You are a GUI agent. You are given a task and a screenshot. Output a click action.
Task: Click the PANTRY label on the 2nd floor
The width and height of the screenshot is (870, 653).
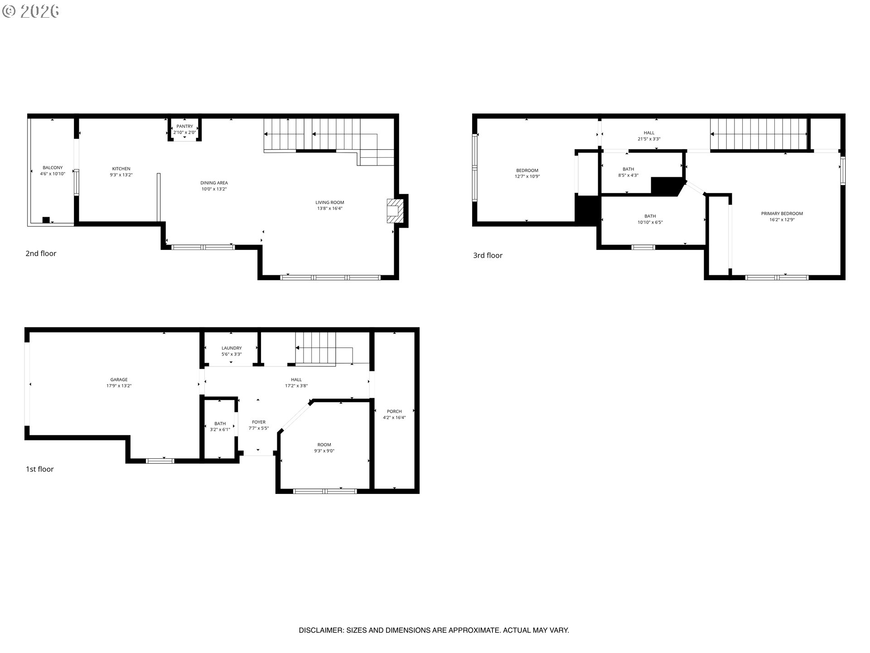coord(185,127)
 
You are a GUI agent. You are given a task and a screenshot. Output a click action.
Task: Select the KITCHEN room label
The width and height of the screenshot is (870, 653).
coord(121,169)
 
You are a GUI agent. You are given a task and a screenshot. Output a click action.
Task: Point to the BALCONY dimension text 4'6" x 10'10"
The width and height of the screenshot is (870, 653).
coord(53,174)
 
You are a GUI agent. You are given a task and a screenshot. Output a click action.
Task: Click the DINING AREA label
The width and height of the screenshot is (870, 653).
coord(214,183)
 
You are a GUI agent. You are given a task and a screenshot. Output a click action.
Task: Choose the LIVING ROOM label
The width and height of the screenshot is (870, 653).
coord(330,202)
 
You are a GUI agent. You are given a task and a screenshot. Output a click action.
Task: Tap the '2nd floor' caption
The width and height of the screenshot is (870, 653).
coord(41,253)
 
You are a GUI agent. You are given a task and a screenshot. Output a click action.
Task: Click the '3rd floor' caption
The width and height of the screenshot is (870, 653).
coord(488,255)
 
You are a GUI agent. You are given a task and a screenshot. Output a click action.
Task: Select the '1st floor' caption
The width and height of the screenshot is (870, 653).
coord(40,469)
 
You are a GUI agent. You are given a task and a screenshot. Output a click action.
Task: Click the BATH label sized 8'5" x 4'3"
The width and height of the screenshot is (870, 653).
coord(628,169)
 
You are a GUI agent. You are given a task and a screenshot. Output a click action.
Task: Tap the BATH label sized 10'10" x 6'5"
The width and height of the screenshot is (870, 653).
coord(650,216)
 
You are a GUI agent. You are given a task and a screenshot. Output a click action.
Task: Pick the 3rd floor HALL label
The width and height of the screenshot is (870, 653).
coord(649,133)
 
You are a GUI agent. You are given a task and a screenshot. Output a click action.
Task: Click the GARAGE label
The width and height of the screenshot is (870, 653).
coord(119,380)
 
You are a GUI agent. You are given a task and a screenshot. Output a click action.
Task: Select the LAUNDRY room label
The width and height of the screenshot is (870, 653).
coord(232,348)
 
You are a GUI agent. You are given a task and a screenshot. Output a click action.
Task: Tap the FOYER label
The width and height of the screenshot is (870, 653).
coord(259,422)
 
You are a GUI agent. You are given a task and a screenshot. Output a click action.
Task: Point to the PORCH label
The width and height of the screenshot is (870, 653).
coord(394,411)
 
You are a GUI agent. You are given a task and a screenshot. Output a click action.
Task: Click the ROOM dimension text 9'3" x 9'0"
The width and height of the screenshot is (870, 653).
coord(324,451)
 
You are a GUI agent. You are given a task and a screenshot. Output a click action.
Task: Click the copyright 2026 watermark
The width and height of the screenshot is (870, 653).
coord(31,11)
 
